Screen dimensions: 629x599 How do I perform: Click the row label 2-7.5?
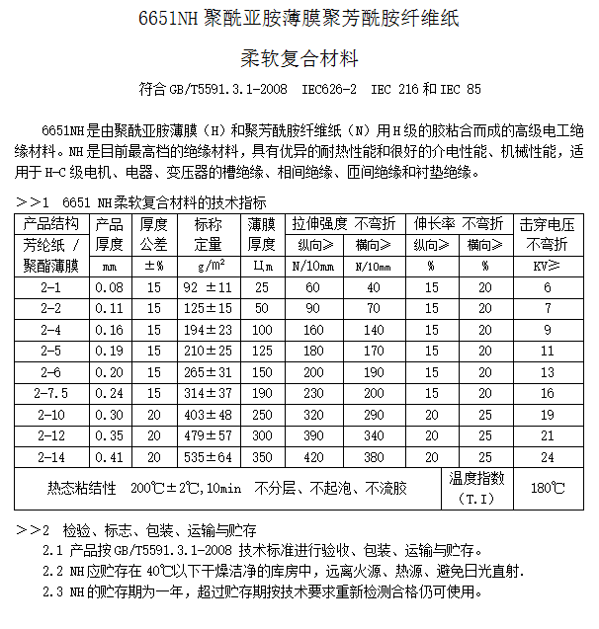[x=49, y=392]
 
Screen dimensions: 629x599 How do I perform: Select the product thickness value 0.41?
[x=110, y=458]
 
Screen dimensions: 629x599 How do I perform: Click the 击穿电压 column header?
[x=548, y=224]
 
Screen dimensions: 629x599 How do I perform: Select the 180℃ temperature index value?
[x=548, y=488]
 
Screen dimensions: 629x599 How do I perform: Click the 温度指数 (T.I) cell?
[x=476, y=488]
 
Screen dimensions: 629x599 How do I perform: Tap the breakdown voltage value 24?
[x=548, y=458]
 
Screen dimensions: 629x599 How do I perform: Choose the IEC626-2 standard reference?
[x=329, y=89]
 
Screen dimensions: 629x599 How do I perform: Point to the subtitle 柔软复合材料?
[x=299, y=58]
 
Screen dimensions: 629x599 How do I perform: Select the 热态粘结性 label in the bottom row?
[x=82, y=488]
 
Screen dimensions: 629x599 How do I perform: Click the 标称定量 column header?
[x=208, y=234]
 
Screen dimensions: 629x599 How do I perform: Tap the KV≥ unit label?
[x=548, y=266]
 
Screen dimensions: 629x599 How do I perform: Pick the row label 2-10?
[x=49, y=415]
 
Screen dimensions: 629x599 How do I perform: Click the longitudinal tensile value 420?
[x=312, y=458]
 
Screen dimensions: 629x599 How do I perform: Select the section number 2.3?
[x=53, y=592]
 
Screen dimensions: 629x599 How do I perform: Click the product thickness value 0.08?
[x=110, y=287]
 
